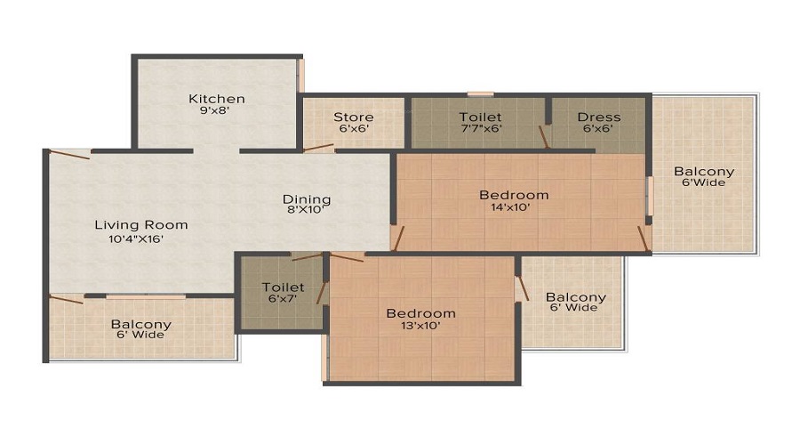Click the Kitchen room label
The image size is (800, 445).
click(216, 99)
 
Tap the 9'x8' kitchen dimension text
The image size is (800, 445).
click(216, 112)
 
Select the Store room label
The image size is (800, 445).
click(353, 117)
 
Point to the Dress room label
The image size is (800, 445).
click(598, 117)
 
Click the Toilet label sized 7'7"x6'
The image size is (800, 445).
click(480, 117)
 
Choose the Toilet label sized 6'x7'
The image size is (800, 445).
click(283, 287)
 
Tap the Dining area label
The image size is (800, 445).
click(307, 199)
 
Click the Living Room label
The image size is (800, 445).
click(141, 225)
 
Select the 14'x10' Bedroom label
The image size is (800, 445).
click(514, 195)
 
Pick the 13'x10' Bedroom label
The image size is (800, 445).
click(420, 313)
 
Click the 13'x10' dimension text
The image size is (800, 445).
click(420, 326)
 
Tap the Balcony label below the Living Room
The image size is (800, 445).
click(140, 324)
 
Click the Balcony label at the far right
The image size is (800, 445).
click(704, 172)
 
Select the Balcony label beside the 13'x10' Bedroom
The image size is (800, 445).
click(575, 297)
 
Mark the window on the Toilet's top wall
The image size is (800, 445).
click(480, 93)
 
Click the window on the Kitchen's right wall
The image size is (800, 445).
click(300, 76)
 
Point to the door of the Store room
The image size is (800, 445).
click(318, 149)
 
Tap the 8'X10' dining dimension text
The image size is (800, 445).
click(307, 212)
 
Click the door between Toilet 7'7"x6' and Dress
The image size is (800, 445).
click(544, 136)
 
